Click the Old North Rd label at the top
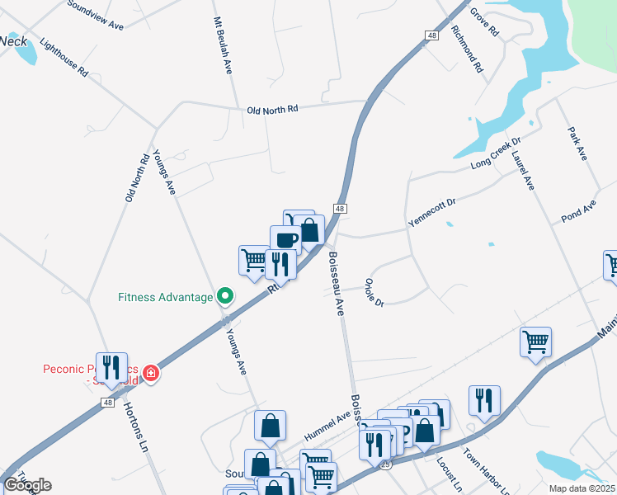click(x=271, y=110)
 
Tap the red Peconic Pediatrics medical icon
click(x=150, y=374)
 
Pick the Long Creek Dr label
click(x=497, y=154)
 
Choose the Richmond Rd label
click(x=467, y=49)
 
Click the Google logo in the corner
click(x=28, y=485)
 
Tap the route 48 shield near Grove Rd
click(x=432, y=35)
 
